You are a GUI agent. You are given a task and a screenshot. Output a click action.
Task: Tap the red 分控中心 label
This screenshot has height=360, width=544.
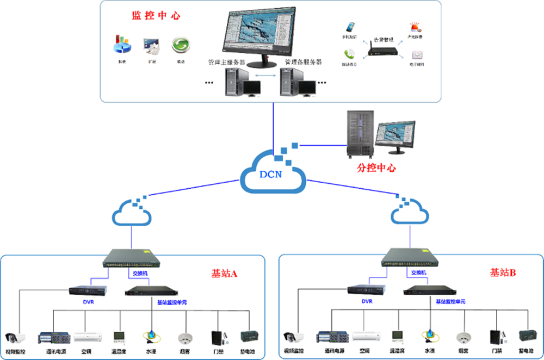point(376,167)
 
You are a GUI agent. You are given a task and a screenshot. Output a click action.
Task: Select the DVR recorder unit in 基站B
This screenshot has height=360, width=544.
point(367,291)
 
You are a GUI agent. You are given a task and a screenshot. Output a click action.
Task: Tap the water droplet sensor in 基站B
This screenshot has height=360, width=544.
point(430,337)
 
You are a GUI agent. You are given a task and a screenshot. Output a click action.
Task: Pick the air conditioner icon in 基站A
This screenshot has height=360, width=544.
point(88,337)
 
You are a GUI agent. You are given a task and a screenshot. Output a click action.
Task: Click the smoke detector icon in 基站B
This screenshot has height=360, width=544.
point(463,337)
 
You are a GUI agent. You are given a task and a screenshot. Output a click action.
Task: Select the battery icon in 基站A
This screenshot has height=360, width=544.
point(249,337)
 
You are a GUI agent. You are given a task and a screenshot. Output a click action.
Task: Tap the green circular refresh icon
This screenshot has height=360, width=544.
point(180,45)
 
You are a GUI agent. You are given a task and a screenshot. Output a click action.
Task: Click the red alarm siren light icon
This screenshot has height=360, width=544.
point(416,27)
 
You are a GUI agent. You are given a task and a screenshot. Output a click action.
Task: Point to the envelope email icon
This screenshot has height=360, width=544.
point(417,55)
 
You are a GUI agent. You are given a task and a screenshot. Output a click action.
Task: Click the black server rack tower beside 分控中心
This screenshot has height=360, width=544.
point(362,132)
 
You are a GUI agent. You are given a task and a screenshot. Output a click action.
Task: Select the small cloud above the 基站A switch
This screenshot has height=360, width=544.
point(132,214)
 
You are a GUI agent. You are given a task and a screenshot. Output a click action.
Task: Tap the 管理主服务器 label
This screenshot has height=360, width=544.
point(227,62)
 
